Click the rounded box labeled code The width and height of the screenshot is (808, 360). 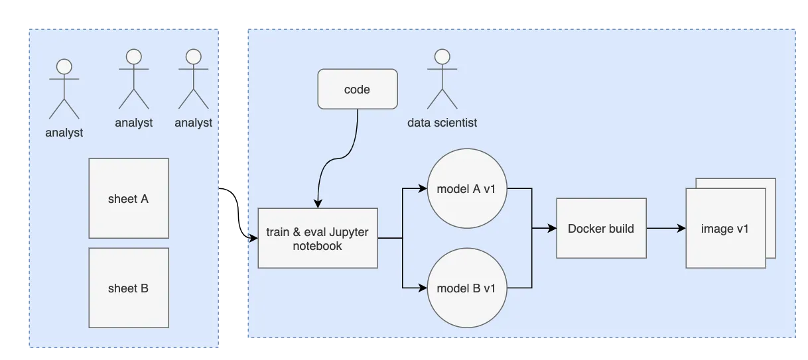357,90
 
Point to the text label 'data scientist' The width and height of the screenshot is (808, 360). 442,123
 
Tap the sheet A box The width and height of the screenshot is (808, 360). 129,198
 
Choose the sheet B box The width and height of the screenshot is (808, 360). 129,288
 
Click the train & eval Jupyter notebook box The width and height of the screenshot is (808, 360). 318,238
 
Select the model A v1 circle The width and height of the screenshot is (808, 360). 471,188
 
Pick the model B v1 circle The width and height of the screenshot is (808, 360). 471,288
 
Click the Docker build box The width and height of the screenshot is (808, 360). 601,229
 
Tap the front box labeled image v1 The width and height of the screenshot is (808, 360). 725,229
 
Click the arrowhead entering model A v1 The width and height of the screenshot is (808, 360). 423,188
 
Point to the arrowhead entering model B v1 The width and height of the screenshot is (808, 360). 423,288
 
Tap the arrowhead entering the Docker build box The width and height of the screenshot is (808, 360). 552,229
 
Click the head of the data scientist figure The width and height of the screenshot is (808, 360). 442,55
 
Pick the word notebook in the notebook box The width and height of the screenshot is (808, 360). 318,246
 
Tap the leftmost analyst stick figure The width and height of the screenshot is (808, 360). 64,90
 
